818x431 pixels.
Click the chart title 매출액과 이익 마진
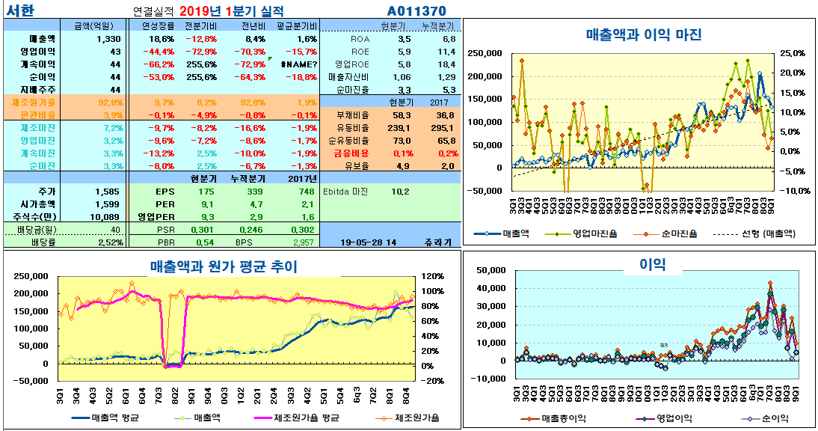click(644, 34)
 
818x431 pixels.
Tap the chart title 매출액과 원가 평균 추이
click(224, 266)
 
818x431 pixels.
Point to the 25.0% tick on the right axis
click(792, 53)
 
